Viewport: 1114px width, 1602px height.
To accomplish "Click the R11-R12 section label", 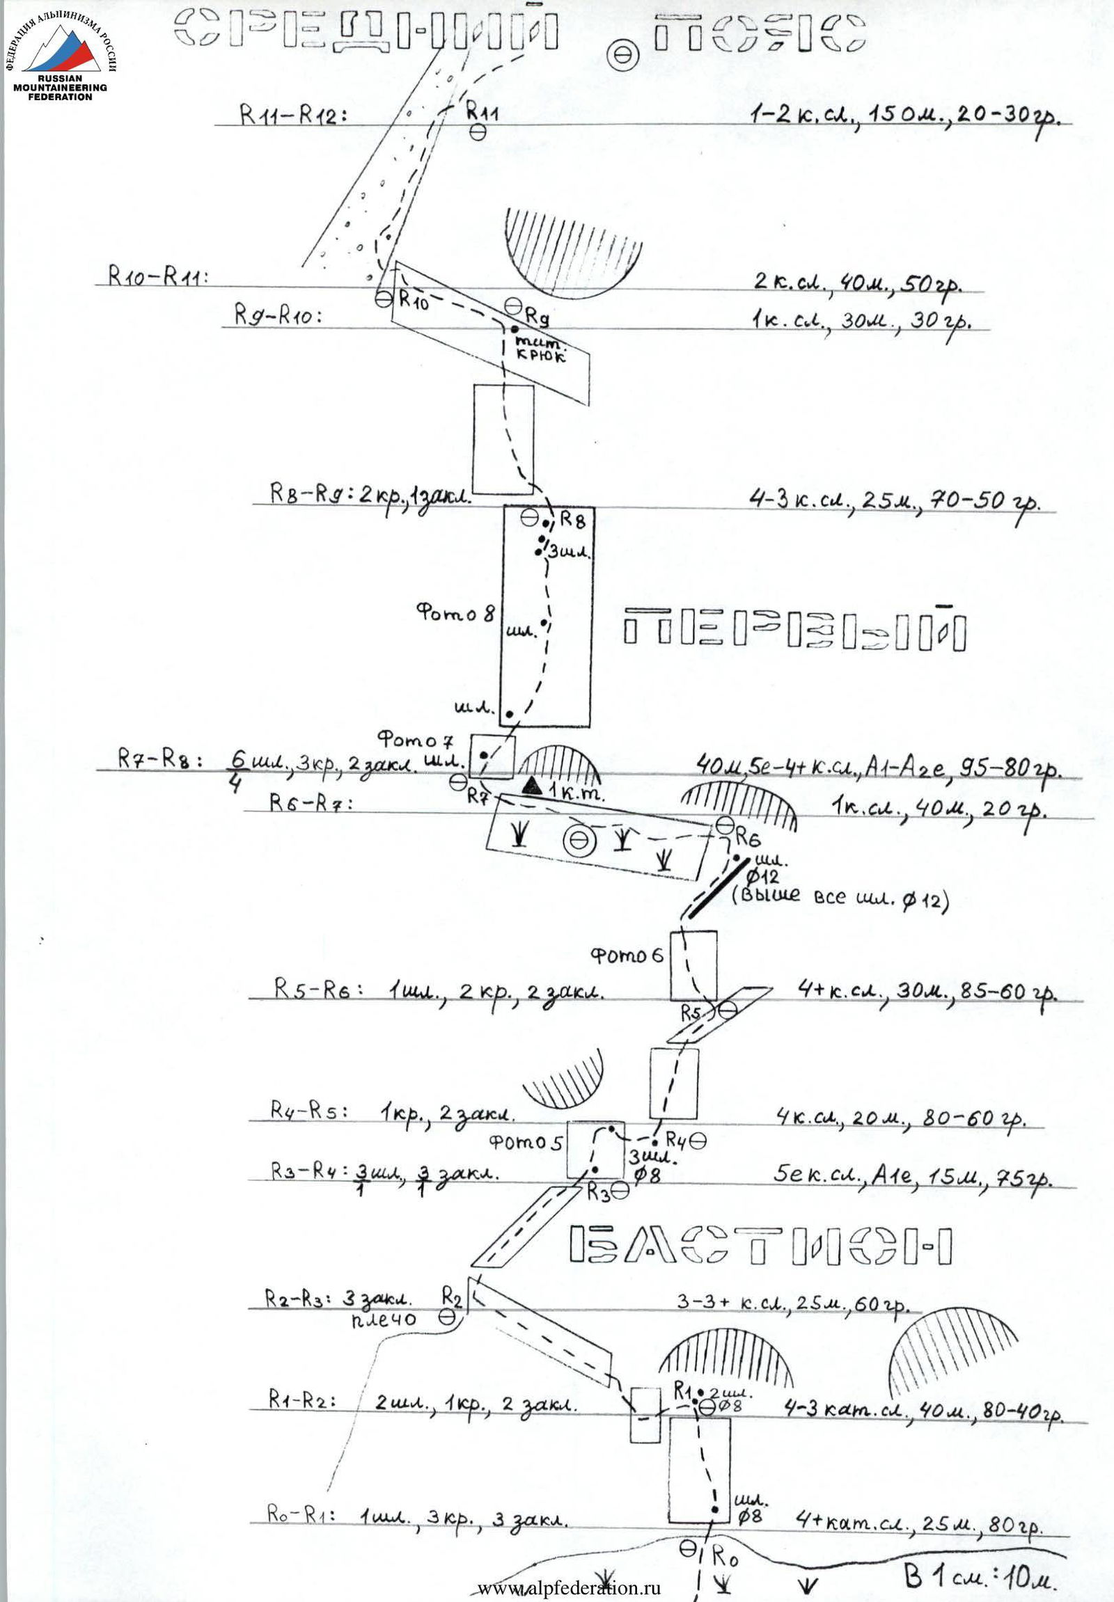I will tap(293, 116).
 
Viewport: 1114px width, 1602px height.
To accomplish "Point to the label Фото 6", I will tap(627, 955).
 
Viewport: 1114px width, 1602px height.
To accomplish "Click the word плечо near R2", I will tap(384, 1318).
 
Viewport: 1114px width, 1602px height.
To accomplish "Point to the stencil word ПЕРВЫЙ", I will tap(794, 630).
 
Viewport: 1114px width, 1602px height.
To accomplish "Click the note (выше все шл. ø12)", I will tap(840, 898).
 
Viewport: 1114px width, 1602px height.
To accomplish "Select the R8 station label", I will tap(572, 520).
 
